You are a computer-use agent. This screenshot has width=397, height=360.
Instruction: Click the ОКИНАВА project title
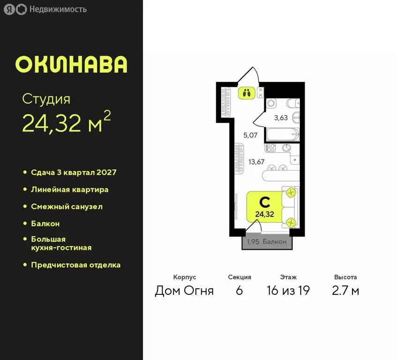coord(71,65)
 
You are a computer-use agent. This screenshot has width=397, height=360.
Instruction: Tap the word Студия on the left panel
coord(46,99)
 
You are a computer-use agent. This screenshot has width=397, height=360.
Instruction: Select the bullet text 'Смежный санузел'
coord(67,207)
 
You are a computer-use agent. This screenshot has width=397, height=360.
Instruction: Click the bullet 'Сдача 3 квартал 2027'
coord(74,172)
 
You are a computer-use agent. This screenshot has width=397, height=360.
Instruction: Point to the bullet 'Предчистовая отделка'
coord(75,265)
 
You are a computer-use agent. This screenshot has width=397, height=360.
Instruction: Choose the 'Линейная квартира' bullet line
coord(69,190)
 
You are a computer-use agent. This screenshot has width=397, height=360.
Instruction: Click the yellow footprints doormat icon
coord(247,92)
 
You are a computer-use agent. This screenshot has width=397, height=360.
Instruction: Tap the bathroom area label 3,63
coord(281,118)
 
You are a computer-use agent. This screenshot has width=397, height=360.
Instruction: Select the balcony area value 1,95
coord(253,242)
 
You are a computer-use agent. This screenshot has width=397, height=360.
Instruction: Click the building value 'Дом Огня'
coord(184,291)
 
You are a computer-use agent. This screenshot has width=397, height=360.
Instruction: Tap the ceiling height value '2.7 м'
coord(345,291)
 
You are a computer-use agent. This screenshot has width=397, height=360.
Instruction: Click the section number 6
coord(240,291)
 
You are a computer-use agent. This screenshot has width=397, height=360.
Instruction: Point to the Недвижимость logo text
coord(58,9)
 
